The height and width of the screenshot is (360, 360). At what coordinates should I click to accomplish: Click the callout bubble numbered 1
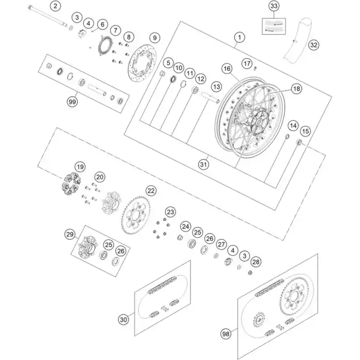(238, 37)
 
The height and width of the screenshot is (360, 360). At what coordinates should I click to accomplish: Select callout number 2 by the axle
(56, 7)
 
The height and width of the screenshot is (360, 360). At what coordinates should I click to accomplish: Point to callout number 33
(274, 7)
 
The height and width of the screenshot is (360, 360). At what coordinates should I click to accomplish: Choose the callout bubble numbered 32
(314, 45)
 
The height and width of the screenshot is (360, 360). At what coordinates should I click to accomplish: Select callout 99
(72, 102)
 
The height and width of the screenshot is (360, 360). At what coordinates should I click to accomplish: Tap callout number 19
(80, 167)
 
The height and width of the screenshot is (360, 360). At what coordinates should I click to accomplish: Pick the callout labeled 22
(151, 191)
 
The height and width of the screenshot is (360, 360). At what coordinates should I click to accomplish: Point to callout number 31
(205, 164)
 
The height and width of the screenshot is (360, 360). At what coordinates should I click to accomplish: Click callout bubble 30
(123, 320)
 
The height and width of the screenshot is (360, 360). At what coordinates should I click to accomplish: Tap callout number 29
(70, 235)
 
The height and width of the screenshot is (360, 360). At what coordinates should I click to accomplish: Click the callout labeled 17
(247, 63)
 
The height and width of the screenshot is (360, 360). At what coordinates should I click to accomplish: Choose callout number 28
(256, 262)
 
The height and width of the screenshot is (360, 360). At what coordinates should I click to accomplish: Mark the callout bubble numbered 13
(216, 87)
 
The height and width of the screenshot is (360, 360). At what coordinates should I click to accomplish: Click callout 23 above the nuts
(170, 211)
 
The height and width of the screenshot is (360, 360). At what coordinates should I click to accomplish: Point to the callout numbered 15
(305, 132)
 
